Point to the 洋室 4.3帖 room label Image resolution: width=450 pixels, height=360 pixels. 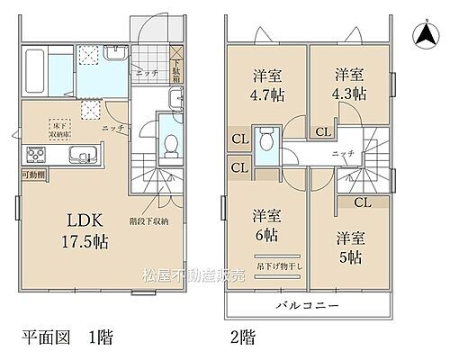[350, 84]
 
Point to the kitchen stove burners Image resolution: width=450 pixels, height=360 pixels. [40, 154]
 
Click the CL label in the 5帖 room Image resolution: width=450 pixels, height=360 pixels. [362, 202]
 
